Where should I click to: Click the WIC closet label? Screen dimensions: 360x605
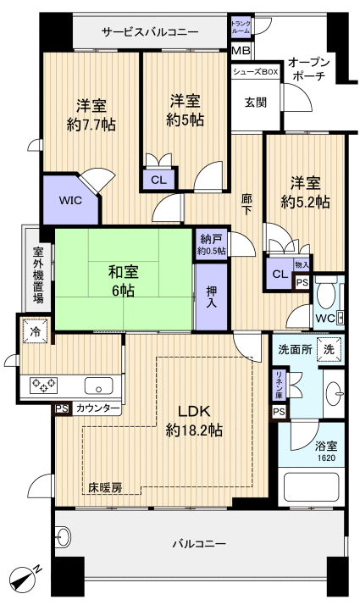point(70,201)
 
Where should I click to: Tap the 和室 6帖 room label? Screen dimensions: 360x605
point(123,281)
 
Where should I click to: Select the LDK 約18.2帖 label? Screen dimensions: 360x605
point(194,420)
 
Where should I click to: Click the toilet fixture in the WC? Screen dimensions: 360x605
point(326,292)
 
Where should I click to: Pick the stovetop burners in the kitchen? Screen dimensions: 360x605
point(43,385)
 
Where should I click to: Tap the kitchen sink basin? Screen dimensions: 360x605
point(99,385)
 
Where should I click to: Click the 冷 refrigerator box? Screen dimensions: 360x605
point(36,331)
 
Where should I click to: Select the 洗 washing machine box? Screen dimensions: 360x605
point(330,350)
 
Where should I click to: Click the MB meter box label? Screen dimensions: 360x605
point(241,51)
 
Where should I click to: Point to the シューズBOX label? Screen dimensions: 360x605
point(255,72)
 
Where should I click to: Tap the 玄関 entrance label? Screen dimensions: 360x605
point(256,103)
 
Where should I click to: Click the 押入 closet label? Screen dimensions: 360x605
point(211,297)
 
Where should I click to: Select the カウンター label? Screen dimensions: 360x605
point(97,408)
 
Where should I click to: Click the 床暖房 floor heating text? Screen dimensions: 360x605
point(105,488)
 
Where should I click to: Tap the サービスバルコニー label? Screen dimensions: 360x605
point(150,32)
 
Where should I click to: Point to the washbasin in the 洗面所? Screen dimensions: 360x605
point(334,393)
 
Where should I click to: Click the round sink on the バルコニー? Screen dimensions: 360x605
point(63,536)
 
